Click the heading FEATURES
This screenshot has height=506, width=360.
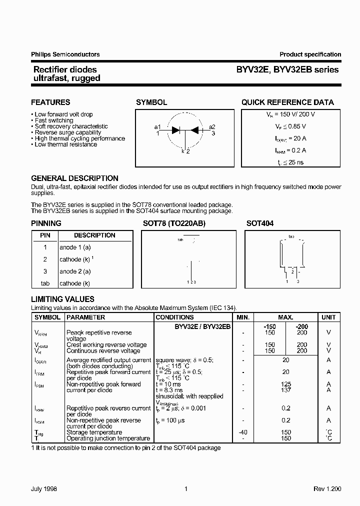(x=50, y=102)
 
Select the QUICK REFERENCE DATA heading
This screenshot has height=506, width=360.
(x=287, y=102)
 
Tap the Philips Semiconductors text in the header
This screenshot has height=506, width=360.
(x=65, y=54)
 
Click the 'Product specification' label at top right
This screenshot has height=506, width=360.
(x=310, y=54)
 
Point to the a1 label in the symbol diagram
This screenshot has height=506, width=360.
(x=157, y=127)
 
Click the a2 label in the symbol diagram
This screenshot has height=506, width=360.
(x=212, y=127)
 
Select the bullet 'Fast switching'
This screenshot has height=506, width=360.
(x=53, y=120)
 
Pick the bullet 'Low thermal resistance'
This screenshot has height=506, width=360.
(x=65, y=144)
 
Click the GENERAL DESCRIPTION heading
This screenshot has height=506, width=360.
(x=74, y=178)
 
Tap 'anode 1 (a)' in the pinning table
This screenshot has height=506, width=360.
(x=75, y=247)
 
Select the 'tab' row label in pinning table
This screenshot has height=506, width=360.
(x=45, y=283)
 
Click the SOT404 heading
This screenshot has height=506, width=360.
(x=260, y=223)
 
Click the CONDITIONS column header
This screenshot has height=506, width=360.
(x=174, y=317)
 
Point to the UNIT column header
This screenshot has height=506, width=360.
(x=328, y=317)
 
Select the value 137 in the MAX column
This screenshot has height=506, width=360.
(x=285, y=390)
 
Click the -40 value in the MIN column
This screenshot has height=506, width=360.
(x=242, y=432)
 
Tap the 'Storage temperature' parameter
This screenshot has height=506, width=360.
(x=94, y=432)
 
